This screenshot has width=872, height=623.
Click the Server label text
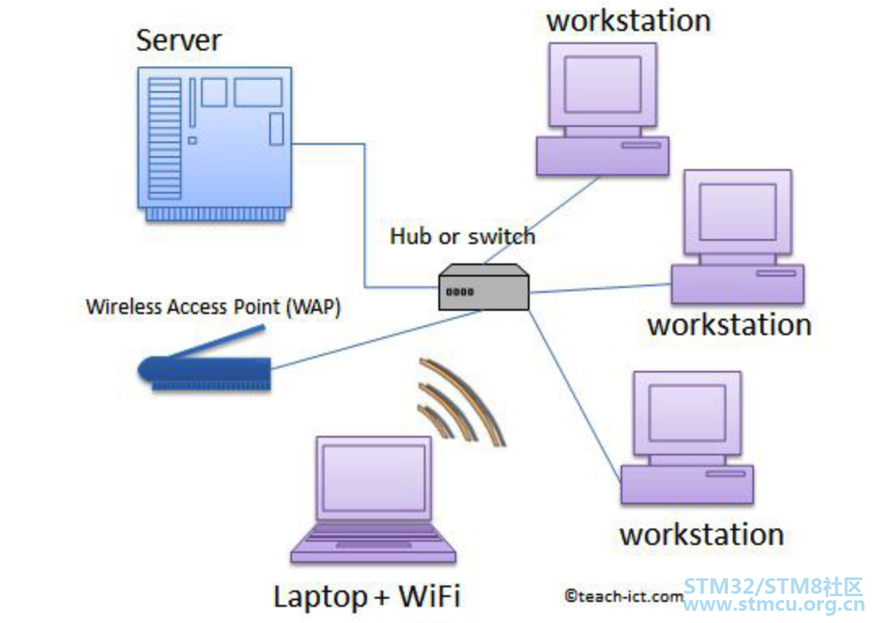178,41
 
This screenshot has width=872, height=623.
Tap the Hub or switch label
462,237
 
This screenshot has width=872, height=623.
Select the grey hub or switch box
483,287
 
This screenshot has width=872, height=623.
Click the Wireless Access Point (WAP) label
214,307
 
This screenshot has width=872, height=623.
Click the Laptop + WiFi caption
367,597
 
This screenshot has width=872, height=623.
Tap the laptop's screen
373,478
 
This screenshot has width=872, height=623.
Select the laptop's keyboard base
373,542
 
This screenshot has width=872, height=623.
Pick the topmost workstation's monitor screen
603,85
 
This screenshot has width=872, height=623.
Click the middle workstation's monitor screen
738,211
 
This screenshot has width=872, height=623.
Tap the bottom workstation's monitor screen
687,413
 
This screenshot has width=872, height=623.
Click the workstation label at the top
629,21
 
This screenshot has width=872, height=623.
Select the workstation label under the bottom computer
702,534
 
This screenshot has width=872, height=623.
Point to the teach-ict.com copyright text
624,596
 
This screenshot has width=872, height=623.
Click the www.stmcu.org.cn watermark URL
774,604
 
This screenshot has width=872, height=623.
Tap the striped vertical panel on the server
164,138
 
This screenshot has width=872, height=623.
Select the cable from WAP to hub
377,340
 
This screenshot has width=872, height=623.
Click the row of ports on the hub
460,291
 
